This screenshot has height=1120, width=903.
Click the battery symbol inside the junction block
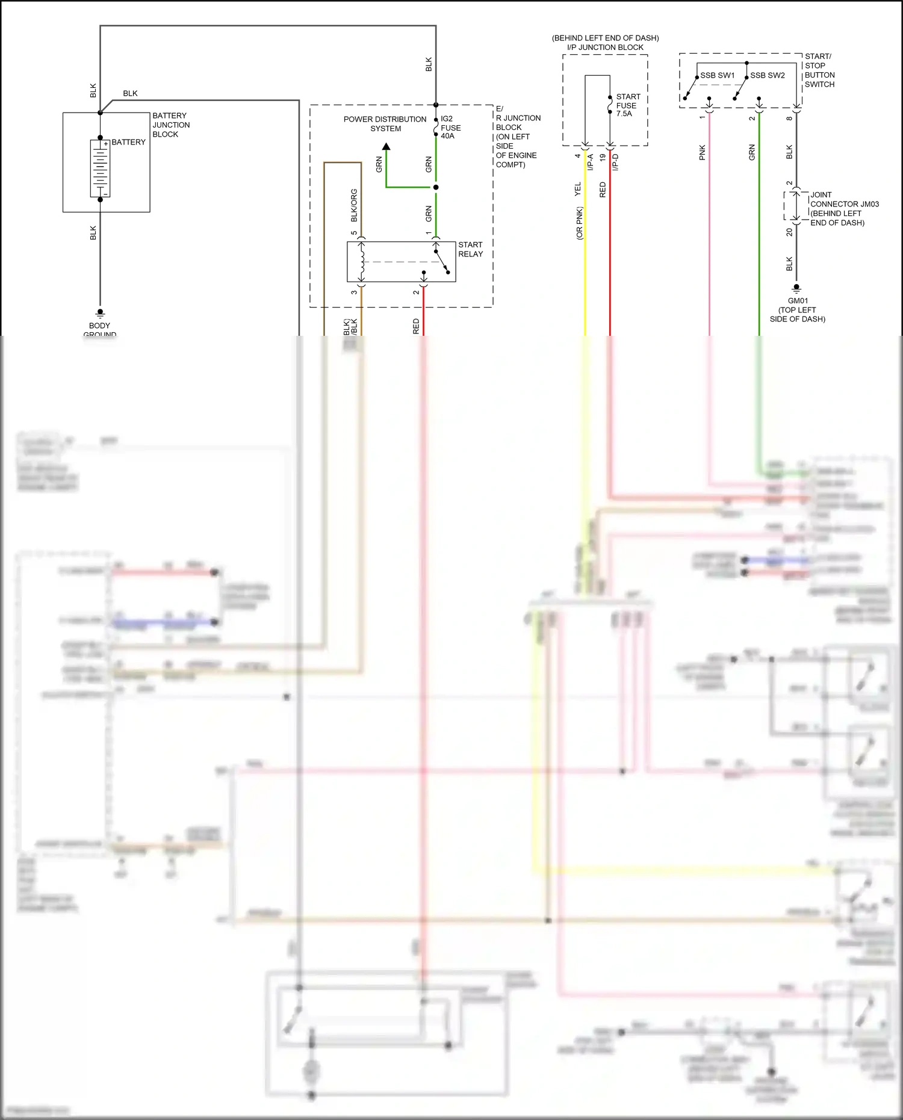100,169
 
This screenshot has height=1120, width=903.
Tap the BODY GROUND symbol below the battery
100,313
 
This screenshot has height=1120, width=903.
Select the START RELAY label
470,249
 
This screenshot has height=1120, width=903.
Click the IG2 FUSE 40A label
450,128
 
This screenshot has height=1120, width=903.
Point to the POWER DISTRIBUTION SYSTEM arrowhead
386,146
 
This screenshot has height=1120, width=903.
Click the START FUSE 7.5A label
627,105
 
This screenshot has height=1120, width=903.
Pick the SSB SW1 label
717,75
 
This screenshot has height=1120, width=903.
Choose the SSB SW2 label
767,75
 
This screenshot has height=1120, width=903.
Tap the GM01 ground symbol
796,288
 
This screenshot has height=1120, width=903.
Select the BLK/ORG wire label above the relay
354,205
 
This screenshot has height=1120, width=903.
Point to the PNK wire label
702,153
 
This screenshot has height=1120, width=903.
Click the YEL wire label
578,189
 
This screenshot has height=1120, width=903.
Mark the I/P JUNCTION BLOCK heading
605,47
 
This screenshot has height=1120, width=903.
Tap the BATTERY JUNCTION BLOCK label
170,125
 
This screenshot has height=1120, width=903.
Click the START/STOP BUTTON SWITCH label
819,70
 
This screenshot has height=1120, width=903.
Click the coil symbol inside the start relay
362,262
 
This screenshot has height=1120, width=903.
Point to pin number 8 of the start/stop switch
789,119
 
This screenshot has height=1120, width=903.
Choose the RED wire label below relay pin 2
416,326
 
